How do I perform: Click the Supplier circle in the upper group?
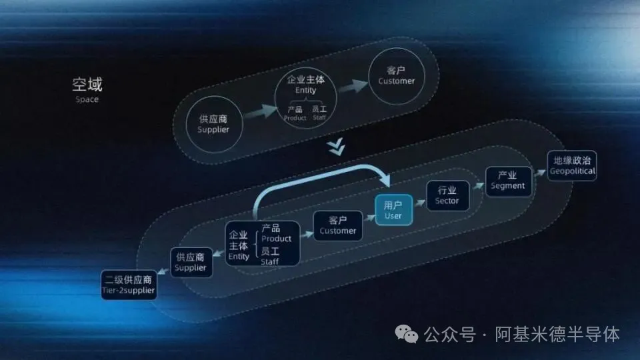pos(214,125)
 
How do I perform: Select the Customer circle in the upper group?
pos(396,76)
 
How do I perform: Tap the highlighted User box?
pos(393,210)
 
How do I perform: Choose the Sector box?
pos(447,195)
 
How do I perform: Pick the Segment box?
pos(508,181)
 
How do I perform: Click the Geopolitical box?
pos(572,166)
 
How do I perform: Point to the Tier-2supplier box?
pos(129,285)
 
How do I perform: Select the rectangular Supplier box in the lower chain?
pos(191,263)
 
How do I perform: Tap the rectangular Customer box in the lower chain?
pos(337,226)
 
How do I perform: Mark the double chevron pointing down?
pos(336,147)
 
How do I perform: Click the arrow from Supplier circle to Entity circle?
pos(261,111)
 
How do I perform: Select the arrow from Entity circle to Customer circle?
pos(353,86)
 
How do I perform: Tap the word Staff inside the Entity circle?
pos(319,117)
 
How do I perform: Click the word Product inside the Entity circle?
pos(295,118)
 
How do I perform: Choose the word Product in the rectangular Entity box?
pos(276,239)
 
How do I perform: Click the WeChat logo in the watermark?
pos(407,334)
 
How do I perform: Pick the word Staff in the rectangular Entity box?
pos(269,261)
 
